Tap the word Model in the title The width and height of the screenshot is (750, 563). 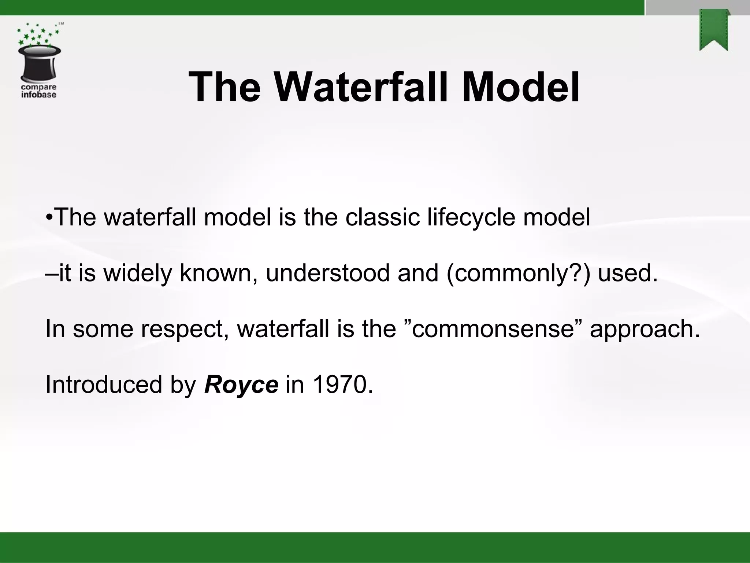click(520, 88)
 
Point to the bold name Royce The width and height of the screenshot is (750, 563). click(241, 384)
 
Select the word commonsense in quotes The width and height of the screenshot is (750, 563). click(493, 329)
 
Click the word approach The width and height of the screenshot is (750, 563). click(645, 329)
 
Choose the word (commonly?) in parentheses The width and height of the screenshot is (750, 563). click(519, 273)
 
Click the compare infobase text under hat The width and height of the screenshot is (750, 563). click(39, 91)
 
